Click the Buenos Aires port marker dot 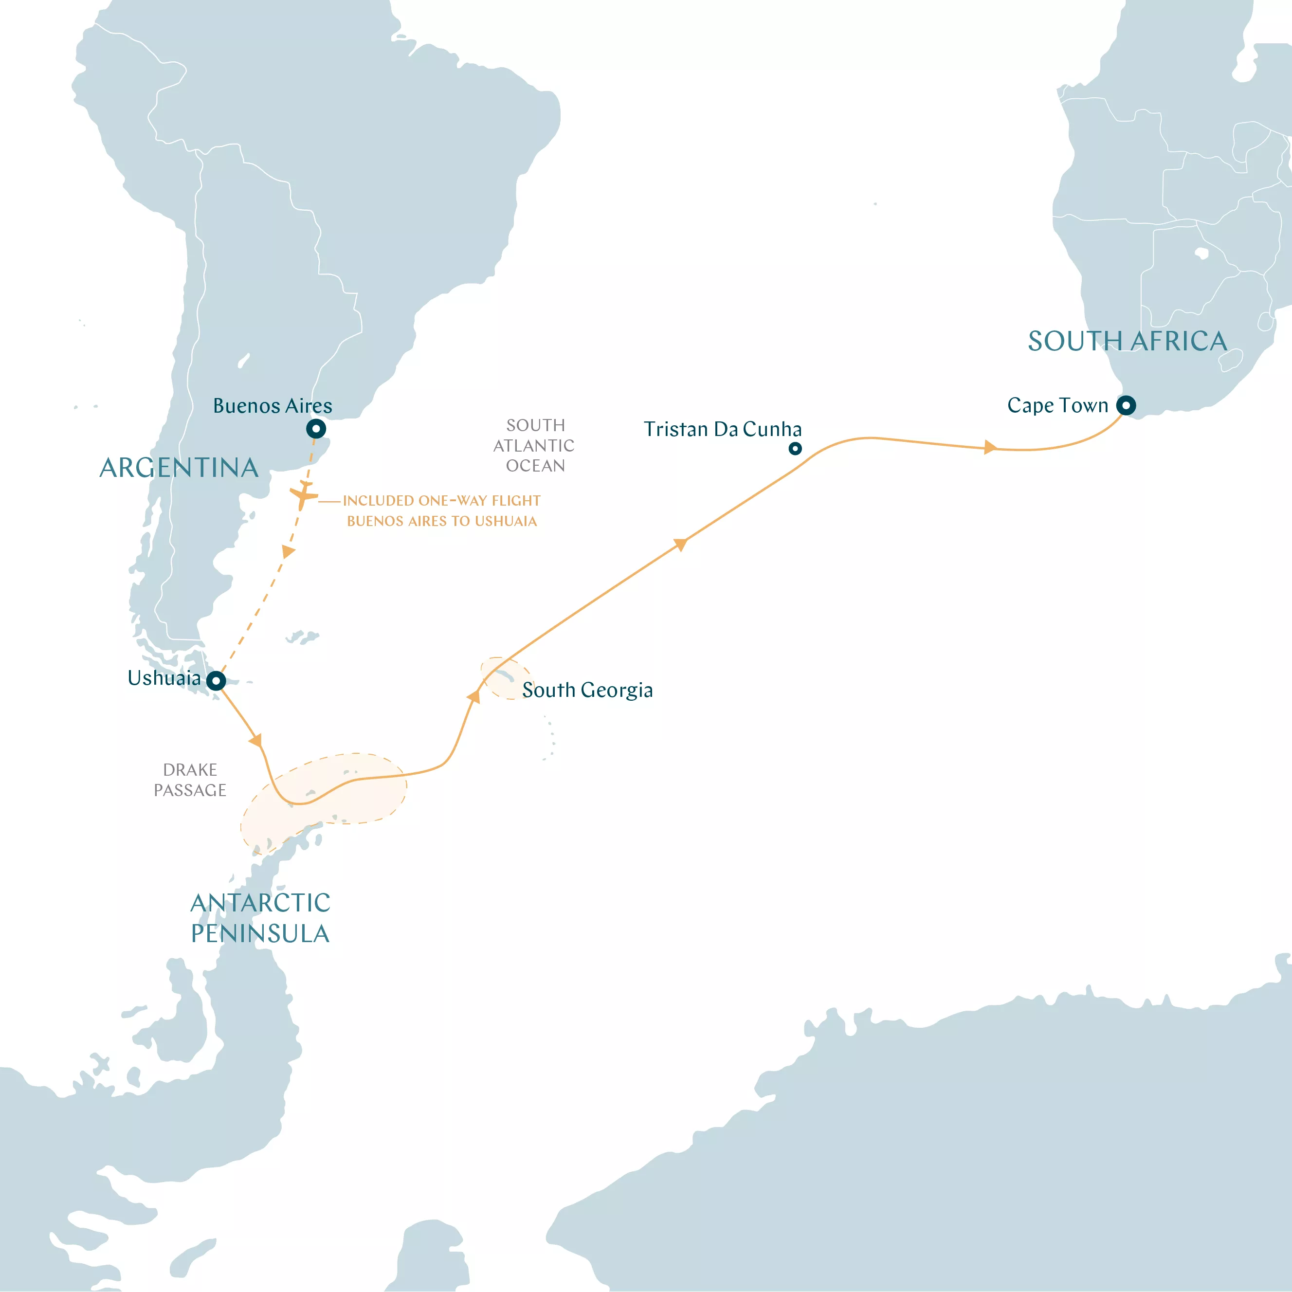[316, 429]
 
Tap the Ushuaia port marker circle [215, 681]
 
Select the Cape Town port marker [1126, 405]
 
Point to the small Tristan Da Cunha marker [795, 449]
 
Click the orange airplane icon [304, 495]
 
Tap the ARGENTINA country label [179, 468]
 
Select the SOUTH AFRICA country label [1128, 342]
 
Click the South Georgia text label [587, 690]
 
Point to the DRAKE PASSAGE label [190, 780]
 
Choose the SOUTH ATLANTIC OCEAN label [534, 445]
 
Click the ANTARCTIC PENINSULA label [260, 918]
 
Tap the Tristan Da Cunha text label [722, 429]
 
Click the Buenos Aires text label [272, 406]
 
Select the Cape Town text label [1057, 405]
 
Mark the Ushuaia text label [164, 678]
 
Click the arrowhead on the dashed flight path [288, 552]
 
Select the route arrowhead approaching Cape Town [990, 447]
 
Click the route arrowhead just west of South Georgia [473, 697]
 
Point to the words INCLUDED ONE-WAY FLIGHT [441, 501]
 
